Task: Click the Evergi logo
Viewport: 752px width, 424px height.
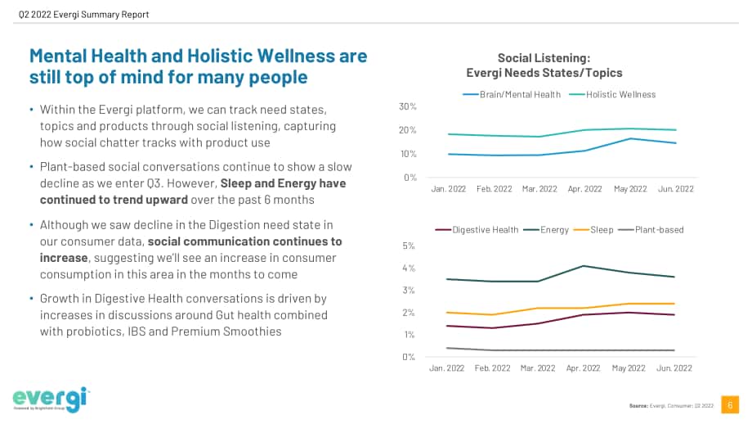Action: coord(51,399)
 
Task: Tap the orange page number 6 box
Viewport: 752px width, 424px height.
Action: coord(730,405)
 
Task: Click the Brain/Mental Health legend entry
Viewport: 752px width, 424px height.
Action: coord(511,95)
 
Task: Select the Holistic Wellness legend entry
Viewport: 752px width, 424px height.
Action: coord(612,95)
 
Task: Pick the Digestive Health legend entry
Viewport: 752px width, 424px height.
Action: coord(477,230)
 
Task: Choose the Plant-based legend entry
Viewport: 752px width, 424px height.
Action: coord(651,230)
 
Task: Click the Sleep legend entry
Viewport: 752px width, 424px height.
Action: coord(593,230)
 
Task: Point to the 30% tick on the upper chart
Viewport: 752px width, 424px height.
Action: coord(408,106)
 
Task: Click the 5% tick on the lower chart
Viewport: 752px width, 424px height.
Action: coord(409,246)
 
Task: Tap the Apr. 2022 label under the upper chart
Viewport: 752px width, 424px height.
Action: coord(584,189)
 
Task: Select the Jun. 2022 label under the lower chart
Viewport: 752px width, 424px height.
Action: coord(674,368)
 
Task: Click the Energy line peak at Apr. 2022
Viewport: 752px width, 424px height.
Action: coord(583,266)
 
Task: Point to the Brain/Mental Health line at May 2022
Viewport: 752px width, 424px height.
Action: coord(631,139)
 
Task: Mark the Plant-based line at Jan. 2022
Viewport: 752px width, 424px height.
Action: coord(447,348)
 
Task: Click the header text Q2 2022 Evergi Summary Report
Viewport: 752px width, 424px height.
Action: coord(84,15)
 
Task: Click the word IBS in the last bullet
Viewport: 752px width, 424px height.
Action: coord(137,332)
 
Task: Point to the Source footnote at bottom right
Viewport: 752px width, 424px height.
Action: coord(671,406)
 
